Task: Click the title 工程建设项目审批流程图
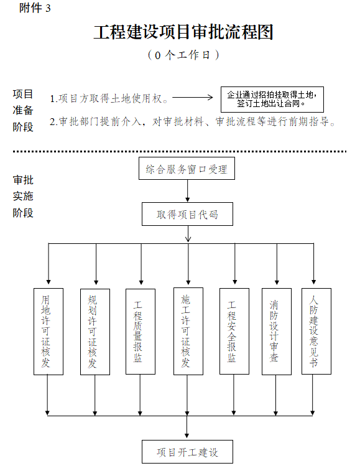[183, 32]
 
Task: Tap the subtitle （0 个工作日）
[183, 55]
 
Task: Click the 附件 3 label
[35, 8]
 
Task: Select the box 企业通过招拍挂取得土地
[272, 100]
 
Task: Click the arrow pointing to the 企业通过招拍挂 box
[193, 97]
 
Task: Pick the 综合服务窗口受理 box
[187, 169]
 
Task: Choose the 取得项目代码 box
[187, 214]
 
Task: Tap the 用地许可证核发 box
[48, 332]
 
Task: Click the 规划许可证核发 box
[95, 332]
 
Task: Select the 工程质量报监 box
[141, 332]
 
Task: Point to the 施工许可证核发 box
[188, 332]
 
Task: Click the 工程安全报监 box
[234, 332]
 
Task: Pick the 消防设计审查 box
[277, 332]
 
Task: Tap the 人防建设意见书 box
[316, 332]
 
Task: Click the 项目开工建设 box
[187, 452]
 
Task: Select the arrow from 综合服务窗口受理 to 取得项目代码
[188, 191]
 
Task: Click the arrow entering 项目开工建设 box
[187, 427]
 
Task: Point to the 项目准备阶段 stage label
[23, 111]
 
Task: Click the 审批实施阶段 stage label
[23, 197]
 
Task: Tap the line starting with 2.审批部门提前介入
[193, 122]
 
